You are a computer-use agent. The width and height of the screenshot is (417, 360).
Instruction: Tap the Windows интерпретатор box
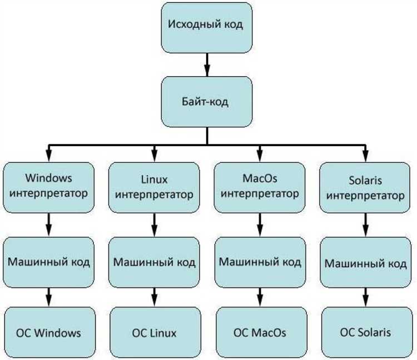(x=49, y=187)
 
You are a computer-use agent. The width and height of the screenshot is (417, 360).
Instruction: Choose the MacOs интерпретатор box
(x=260, y=187)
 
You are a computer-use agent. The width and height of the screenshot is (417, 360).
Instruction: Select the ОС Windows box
(x=49, y=333)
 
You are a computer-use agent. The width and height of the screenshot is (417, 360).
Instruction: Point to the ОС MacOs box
(x=260, y=333)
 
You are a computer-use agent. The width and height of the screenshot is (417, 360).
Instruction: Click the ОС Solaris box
(x=365, y=333)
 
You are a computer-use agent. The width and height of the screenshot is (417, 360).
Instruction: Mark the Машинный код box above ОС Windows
(x=49, y=261)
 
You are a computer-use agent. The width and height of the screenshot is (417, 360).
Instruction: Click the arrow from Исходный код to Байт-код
(x=207, y=64)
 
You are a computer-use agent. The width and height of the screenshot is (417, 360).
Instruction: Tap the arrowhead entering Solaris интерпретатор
(x=365, y=157)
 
